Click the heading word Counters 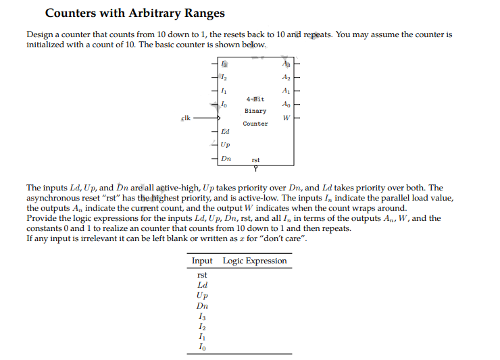click(74, 13)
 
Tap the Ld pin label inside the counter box click(225, 131)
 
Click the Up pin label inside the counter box click(225, 145)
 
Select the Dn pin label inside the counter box click(226, 158)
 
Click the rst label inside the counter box click(255, 160)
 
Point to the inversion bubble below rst click(255, 168)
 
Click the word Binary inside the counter click(255, 111)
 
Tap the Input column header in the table click(202, 261)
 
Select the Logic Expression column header click(255, 261)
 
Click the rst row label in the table click(202, 275)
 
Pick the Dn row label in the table click(202, 306)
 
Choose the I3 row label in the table click(202, 317)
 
